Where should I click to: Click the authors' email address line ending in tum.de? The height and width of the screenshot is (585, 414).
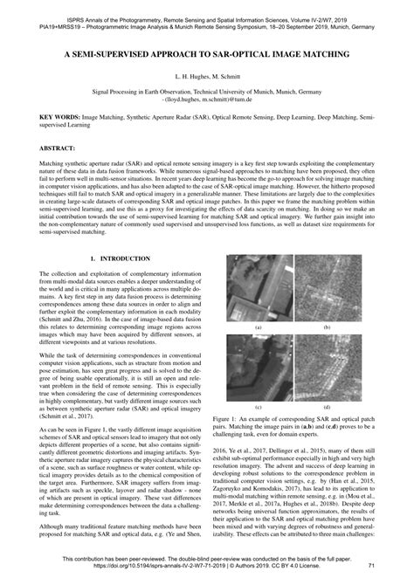pyautogui.click(x=208, y=100)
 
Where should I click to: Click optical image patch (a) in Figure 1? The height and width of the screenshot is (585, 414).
pyautogui.click(x=260, y=288)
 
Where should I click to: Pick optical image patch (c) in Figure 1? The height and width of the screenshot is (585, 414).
pyautogui.click(x=260, y=368)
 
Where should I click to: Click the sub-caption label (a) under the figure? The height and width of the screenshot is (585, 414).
pyautogui.click(x=259, y=327)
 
